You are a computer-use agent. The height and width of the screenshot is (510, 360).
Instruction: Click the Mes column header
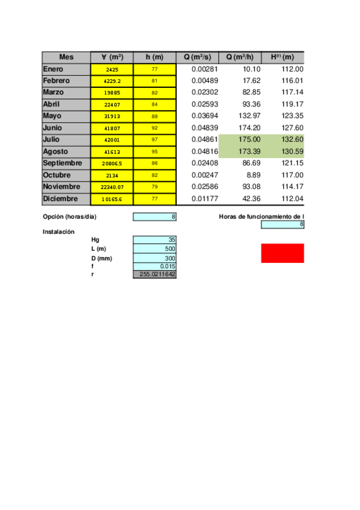coord(66,57)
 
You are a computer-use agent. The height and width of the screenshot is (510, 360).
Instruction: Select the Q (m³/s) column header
coord(197,57)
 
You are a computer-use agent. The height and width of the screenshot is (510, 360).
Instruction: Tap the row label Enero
coord(53,69)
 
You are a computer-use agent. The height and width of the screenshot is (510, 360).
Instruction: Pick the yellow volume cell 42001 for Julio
coord(112,140)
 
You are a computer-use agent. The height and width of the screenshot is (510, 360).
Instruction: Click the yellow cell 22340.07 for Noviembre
coord(112,187)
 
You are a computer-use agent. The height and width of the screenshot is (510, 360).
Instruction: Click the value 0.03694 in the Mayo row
coord(199,116)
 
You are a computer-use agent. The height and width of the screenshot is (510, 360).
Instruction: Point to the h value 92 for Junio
coord(154,128)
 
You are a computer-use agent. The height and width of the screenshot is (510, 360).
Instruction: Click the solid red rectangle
coord(282,253)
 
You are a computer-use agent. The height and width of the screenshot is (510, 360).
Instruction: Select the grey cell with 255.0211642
coord(154,275)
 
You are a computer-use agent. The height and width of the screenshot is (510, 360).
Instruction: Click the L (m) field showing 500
coord(154,248)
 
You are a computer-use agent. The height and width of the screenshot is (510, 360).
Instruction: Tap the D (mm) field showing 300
coord(154,258)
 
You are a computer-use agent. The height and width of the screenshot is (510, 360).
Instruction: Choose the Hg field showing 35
coord(154,239)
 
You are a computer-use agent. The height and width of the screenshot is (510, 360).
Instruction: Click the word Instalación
coord(58,232)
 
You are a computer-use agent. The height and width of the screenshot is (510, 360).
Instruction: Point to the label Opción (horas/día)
coord(70,217)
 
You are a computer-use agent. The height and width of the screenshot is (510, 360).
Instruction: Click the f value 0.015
coord(154,266)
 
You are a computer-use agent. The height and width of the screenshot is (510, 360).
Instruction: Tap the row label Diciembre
coord(61,198)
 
